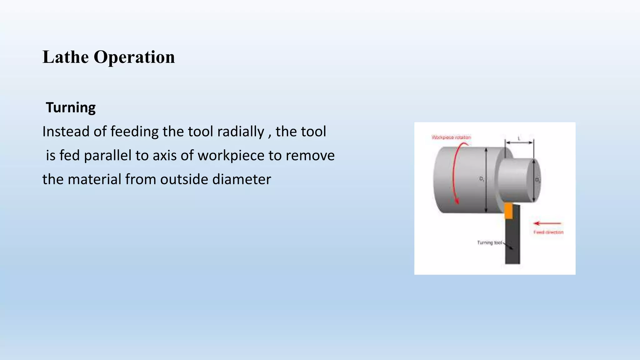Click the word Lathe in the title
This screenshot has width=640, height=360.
pyautogui.click(x=65, y=57)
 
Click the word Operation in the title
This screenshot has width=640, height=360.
pyautogui.click(x=134, y=57)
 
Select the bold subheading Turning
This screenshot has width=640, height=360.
pyautogui.click(x=71, y=107)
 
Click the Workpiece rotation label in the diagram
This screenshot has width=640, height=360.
pyautogui.click(x=451, y=137)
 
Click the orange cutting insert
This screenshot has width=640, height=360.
pyautogui.click(x=509, y=211)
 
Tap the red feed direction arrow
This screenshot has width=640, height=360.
pyautogui.click(x=547, y=223)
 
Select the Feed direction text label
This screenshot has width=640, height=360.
pyautogui.click(x=548, y=232)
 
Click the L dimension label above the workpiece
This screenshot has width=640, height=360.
pyautogui.click(x=519, y=138)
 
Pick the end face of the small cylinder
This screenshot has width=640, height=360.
pyautogui.click(x=536, y=181)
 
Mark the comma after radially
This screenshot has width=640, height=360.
pyautogui.click(x=269, y=135)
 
